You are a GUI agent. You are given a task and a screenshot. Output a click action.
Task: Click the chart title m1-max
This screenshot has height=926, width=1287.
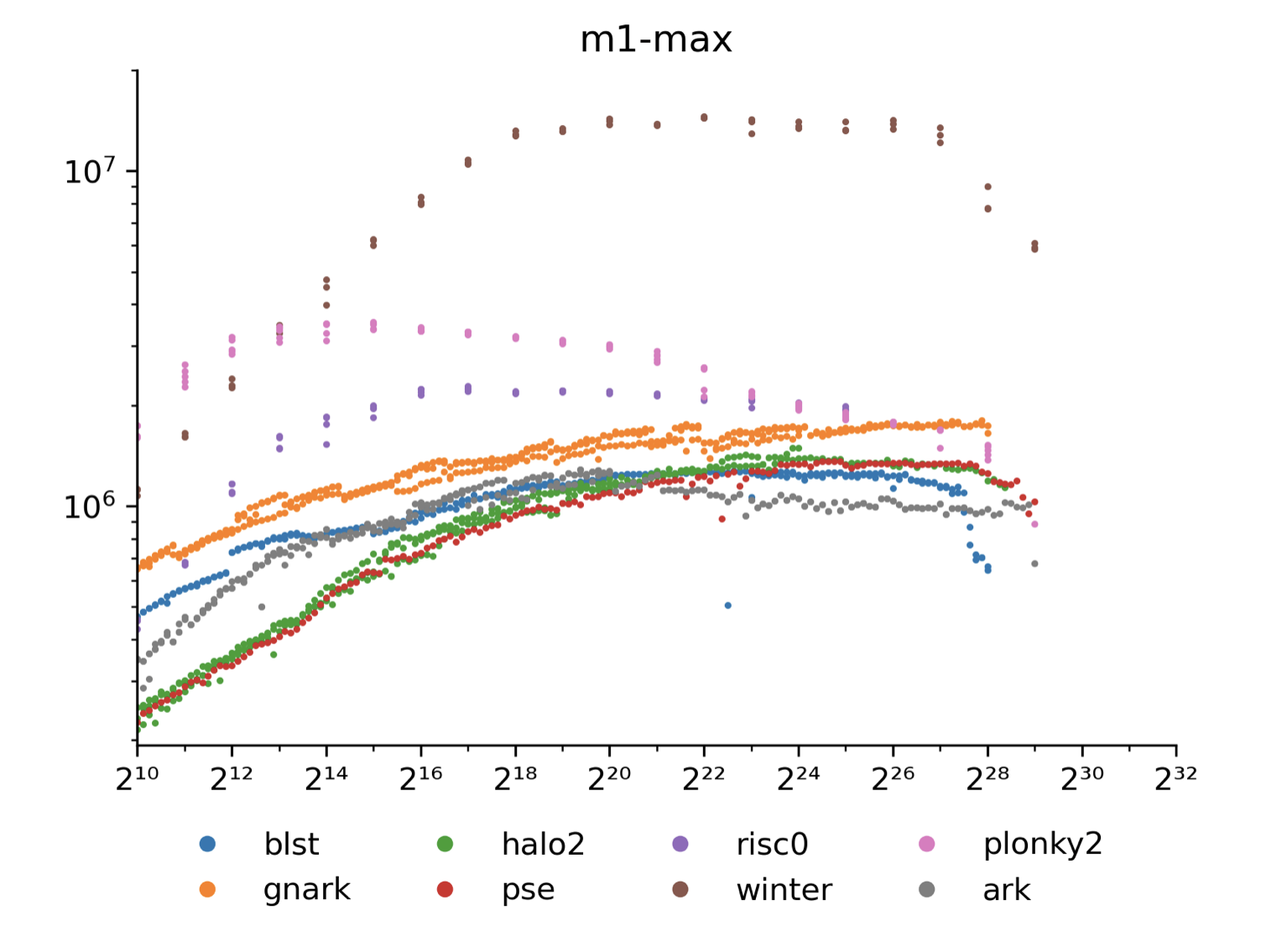point(656,39)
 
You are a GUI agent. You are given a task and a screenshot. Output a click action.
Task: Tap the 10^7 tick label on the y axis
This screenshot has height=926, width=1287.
point(90,172)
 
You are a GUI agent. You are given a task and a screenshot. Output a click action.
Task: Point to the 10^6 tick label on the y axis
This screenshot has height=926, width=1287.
point(90,507)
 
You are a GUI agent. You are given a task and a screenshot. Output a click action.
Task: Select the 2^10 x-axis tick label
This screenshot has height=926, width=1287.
point(137,778)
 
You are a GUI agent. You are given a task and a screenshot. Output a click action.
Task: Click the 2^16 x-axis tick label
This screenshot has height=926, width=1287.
point(420,778)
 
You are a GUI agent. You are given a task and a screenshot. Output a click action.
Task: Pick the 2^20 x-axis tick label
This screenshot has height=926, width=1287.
point(609,778)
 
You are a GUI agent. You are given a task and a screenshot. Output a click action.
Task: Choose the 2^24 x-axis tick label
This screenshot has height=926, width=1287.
point(798,778)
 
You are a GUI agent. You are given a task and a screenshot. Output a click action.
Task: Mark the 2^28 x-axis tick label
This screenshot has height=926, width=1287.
point(987,778)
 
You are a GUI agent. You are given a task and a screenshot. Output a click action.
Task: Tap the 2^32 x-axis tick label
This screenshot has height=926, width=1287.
point(1175,778)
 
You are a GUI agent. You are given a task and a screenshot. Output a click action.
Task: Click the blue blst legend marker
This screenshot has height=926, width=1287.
point(207,844)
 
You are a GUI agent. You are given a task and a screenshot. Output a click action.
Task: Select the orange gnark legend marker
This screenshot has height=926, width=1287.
point(207,889)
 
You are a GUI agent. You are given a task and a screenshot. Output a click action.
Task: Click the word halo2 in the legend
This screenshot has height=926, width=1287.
point(543,844)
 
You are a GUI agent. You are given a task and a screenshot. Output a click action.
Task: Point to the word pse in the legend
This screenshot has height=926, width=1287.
point(528,890)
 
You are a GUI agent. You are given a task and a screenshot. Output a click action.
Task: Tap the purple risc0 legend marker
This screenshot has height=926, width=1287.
point(680,844)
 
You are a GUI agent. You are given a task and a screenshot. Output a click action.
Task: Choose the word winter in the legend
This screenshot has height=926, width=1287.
point(784,890)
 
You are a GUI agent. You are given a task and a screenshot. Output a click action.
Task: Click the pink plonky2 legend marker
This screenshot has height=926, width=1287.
point(926,844)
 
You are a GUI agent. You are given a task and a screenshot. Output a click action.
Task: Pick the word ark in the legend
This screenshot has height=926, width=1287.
point(1006,890)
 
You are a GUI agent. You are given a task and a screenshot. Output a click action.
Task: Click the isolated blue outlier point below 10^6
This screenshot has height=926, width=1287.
point(727,606)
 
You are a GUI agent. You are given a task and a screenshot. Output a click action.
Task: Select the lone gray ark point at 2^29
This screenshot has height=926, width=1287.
point(1034,564)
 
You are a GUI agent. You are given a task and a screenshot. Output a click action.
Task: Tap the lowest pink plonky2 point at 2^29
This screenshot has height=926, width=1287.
point(1034,524)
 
